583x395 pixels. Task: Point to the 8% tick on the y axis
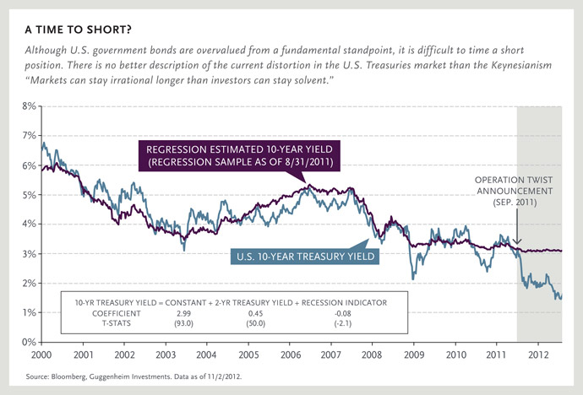28,106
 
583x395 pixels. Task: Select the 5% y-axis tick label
28,195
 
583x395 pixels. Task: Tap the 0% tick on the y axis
28,342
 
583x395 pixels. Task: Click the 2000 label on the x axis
42,354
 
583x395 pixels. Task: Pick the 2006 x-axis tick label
291,354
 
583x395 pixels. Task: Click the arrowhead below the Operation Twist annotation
517,243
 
